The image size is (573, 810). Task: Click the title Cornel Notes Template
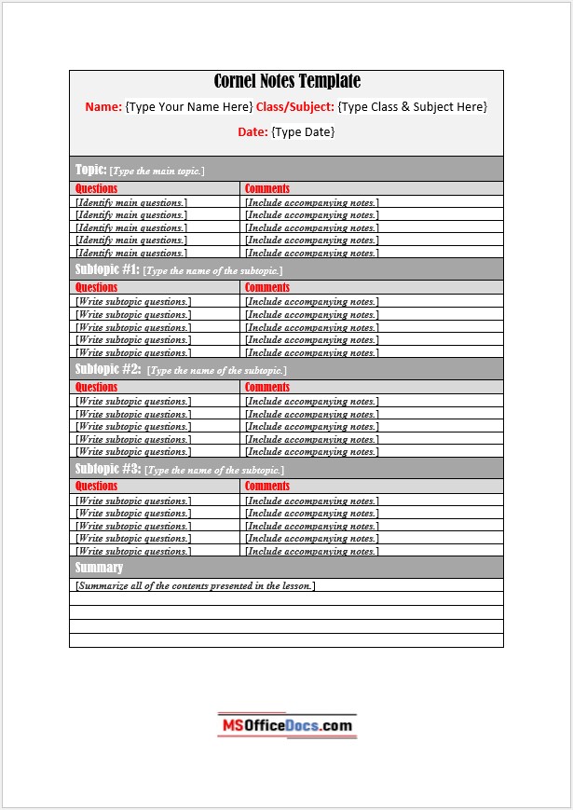point(287,82)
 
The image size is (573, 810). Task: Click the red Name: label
point(103,107)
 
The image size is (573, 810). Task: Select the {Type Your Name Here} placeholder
point(189,107)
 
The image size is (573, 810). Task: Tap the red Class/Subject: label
point(294,107)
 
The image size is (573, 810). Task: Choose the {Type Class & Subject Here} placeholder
point(412,107)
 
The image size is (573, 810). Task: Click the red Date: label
point(252,132)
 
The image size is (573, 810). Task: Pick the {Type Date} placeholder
point(303,132)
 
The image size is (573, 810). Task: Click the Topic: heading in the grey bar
point(90,170)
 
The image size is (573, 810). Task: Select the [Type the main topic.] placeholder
point(157,172)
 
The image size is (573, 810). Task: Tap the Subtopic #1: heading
point(106,269)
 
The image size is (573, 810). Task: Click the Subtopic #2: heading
point(107,369)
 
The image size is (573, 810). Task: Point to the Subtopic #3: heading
point(107,469)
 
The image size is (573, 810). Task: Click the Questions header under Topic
point(96,188)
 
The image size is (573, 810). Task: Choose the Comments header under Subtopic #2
point(267,387)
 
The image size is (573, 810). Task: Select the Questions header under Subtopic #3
point(96,487)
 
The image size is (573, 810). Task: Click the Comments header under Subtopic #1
point(267,288)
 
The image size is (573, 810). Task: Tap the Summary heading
point(99,568)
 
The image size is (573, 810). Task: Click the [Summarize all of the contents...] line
point(195,586)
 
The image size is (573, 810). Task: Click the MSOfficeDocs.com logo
point(287,725)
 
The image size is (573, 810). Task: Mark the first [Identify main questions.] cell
point(131,202)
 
